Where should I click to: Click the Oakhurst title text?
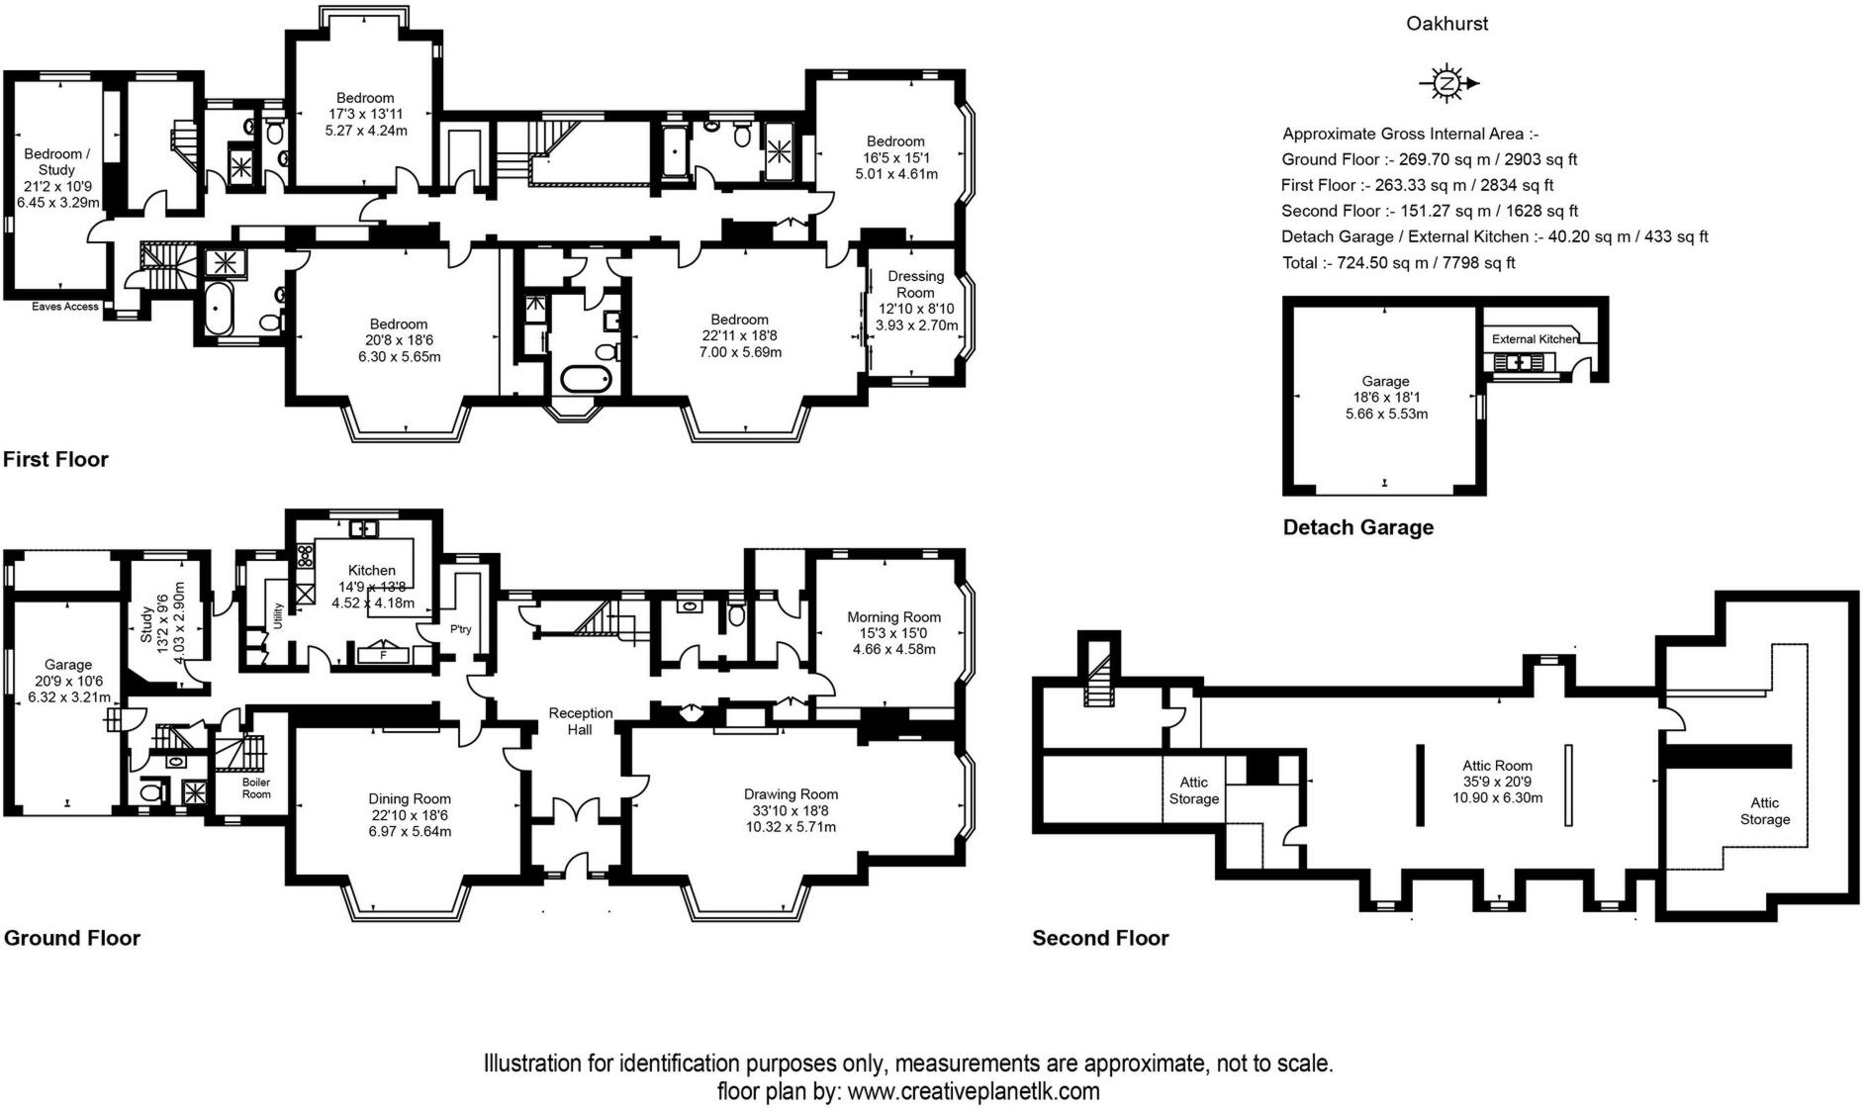coord(1446,24)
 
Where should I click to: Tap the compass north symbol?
coord(1447,83)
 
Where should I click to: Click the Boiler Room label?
coord(256,787)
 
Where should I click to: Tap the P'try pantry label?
coord(460,629)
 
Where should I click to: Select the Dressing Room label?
coord(915,284)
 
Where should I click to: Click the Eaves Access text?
coord(65,307)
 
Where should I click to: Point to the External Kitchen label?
coord(1535,339)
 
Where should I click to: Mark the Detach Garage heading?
coord(1357,527)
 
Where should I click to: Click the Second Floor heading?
coord(1100,938)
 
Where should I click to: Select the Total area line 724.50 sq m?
coord(1398,262)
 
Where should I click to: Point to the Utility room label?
coord(279,616)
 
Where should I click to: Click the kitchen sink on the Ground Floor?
coord(364,528)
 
